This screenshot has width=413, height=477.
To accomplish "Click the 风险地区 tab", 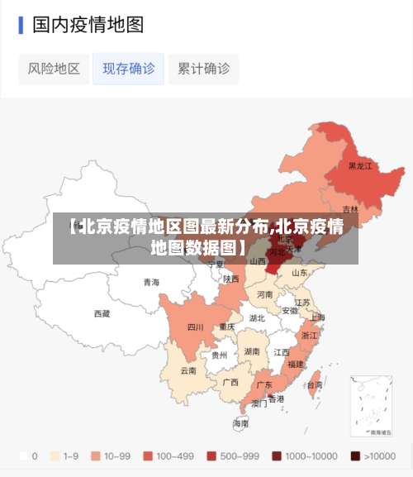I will [x=54, y=69].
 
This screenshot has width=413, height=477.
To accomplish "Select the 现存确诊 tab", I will [x=128, y=69].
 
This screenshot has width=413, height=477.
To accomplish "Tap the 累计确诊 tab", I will [x=203, y=69].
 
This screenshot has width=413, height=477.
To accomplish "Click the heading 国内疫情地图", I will [x=88, y=25].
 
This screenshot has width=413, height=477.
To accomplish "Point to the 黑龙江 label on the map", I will [x=360, y=165].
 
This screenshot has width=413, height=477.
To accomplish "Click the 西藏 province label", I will [x=102, y=313].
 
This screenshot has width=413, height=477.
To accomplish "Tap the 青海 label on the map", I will [x=151, y=282].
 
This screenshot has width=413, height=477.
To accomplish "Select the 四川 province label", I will [x=195, y=327].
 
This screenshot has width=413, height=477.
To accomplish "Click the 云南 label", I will [x=188, y=370].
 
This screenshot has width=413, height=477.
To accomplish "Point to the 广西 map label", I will [x=230, y=382].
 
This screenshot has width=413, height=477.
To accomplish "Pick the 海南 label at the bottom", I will [x=240, y=423].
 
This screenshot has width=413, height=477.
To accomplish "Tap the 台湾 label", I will [x=315, y=384].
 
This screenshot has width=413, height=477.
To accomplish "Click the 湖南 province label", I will [x=252, y=351].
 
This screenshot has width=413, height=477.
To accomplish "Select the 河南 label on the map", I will [x=264, y=294].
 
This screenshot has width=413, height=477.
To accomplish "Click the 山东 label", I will [x=299, y=272].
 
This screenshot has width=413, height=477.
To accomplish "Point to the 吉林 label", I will [x=350, y=209].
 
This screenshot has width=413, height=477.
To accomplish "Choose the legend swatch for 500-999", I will [x=211, y=456].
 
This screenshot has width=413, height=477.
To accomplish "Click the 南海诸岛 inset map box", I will [x=370, y=406].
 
